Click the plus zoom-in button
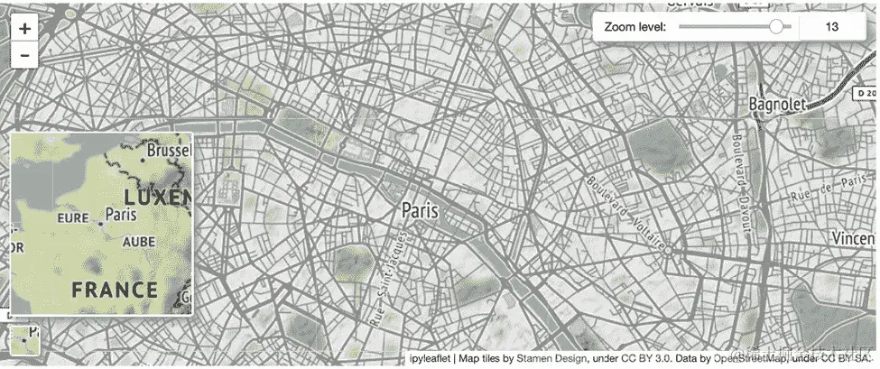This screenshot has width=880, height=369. pos(24,28)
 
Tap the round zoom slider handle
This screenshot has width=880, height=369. pos(775,27)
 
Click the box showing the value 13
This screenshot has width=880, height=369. pos(832,27)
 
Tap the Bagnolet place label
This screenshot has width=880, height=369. pos(776,106)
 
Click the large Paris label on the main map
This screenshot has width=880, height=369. pos(420,210)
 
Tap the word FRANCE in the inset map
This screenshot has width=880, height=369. pos(115,290)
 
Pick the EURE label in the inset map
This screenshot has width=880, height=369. pos(73,217)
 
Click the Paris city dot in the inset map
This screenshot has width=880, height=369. pos(98,221)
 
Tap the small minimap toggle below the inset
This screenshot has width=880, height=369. pos(24,337)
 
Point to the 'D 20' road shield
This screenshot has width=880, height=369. pos(866,92)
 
